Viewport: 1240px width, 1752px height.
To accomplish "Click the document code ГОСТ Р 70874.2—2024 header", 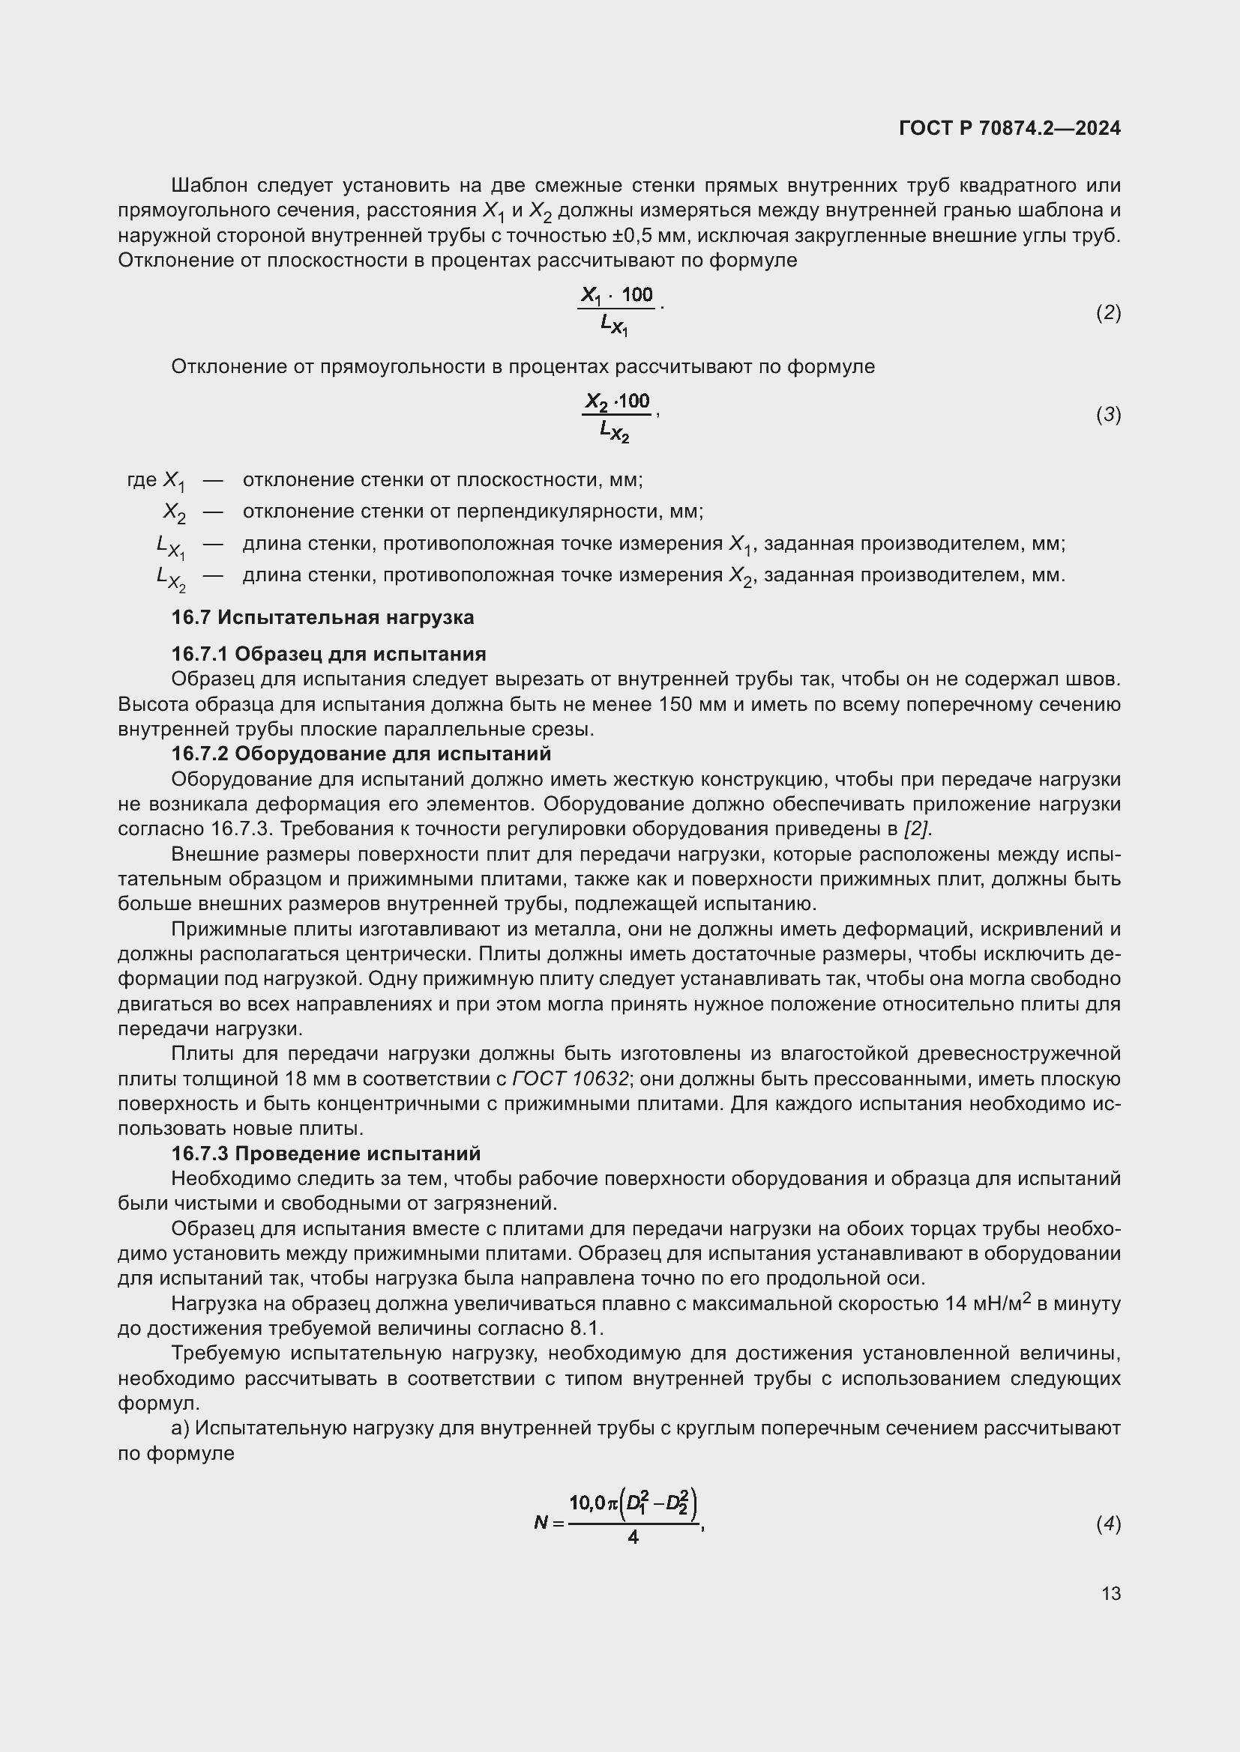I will pos(1009,128).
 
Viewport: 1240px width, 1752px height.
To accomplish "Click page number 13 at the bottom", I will pos(1111,1593).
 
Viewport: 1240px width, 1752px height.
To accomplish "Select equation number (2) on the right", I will pos(1108,312).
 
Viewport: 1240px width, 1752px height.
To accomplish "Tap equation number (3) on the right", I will pos(1108,414).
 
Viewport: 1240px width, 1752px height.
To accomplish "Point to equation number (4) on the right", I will pos(1108,1524).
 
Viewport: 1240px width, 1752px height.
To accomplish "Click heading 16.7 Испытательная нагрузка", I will pos(322,617).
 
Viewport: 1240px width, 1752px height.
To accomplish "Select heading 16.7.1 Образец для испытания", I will pos(328,654).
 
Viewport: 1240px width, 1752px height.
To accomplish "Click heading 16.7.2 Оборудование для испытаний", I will pos(361,754).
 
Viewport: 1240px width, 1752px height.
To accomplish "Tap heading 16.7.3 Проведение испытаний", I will pos(325,1153).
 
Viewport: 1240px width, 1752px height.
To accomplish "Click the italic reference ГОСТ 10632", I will pos(571,1079).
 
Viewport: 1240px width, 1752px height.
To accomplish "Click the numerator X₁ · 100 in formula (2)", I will pos(617,295).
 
